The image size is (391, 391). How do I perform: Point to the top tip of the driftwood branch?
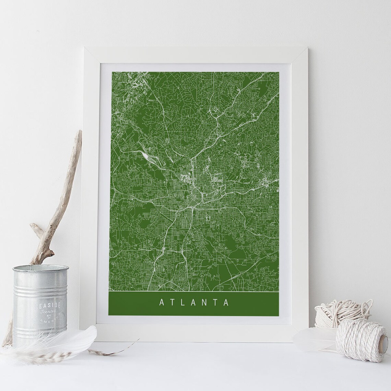(79, 132)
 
